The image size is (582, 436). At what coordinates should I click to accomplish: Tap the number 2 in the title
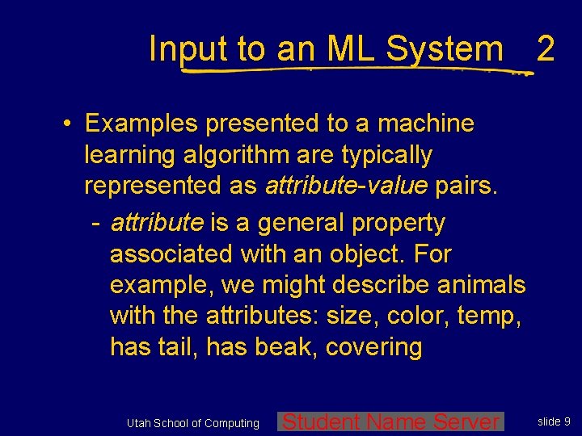pos(545,49)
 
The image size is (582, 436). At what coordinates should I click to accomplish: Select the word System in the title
pos(445,49)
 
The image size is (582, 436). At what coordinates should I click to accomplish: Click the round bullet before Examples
pos(70,124)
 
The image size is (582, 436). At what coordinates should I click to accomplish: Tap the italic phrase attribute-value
pos(346,185)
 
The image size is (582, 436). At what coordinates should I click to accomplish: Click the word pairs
pos(466,185)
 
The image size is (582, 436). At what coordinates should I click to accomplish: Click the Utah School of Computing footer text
pos(193,423)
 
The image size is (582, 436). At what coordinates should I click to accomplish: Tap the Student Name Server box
pos(391,421)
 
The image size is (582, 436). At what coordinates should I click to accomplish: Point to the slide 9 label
pos(555,421)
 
